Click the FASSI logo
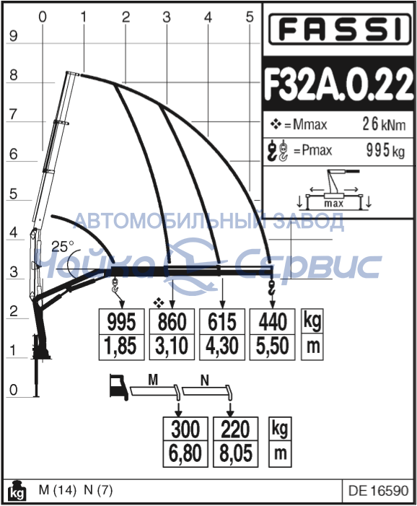pyautogui.click(x=340, y=29)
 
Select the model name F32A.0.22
pyautogui.click(x=338, y=85)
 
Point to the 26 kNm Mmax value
pyautogui.click(x=384, y=124)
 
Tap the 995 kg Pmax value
pyautogui.click(x=385, y=150)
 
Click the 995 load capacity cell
pyautogui.click(x=121, y=322)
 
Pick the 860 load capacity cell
pyautogui.click(x=172, y=322)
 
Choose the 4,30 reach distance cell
pyautogui.click(x=222, y=347)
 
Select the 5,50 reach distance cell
pyautogui.click(x=273, y=347)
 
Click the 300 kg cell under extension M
pyautogui.click(x=185, y=429)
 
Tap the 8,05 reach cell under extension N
pyautogui.click(x=235, y=453)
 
